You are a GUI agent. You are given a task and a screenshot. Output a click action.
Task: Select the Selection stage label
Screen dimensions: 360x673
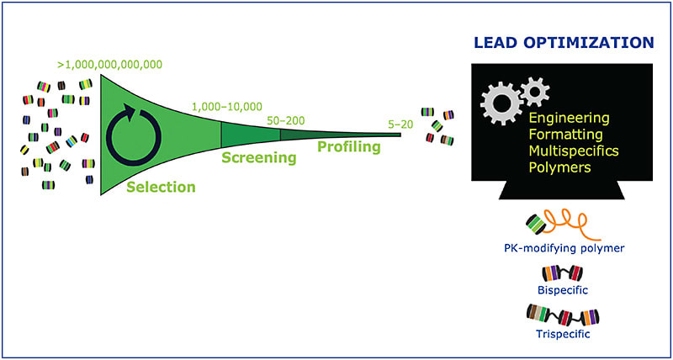point(161,187)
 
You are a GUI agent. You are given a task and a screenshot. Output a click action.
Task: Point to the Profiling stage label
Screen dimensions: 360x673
point(348,147)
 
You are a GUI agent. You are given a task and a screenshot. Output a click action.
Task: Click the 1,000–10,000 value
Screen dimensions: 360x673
point(226,107)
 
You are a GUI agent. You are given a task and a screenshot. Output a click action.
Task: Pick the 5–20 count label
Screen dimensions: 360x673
point(400,123)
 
